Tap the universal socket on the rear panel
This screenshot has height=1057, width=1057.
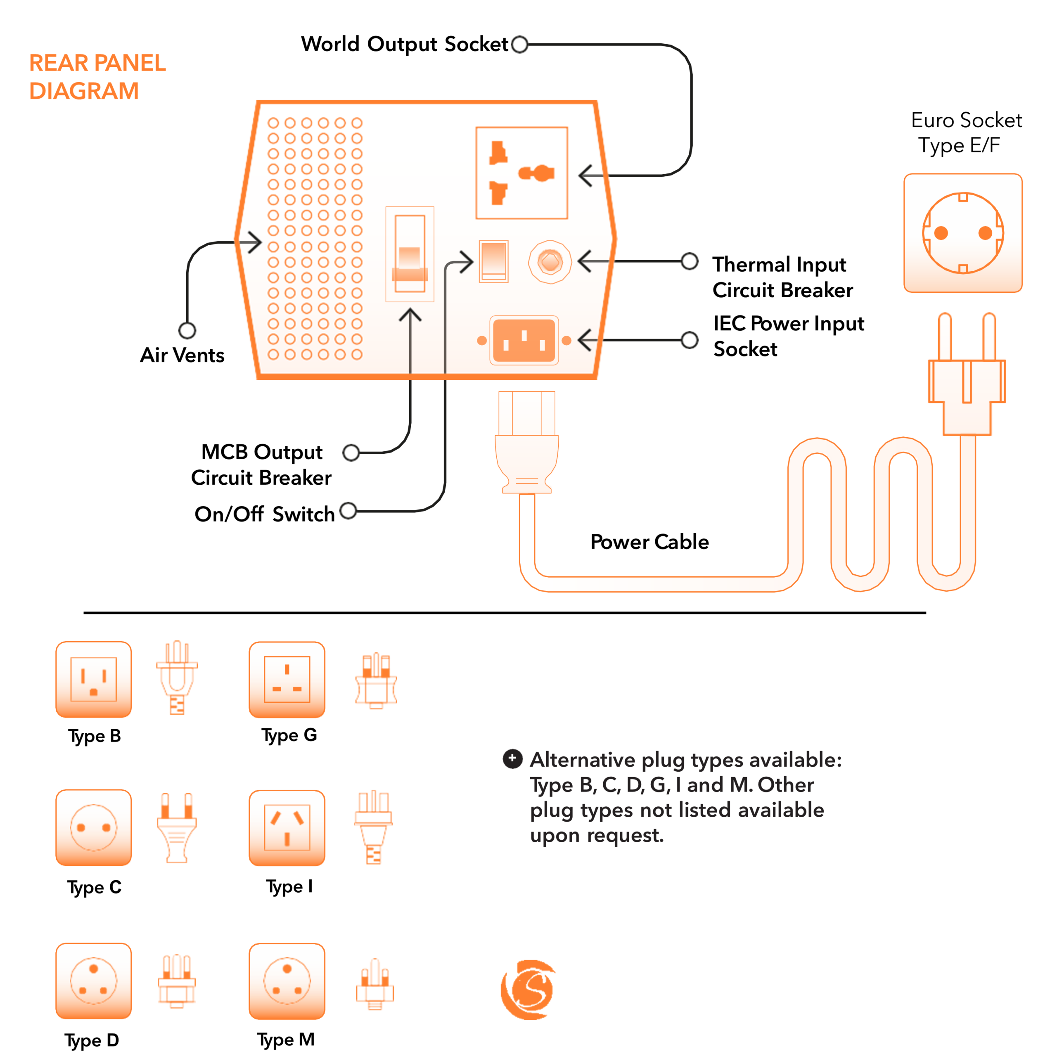point(521,173)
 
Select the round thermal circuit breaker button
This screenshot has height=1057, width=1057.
point(550,261)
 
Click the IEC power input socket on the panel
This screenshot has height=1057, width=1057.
point(524,340)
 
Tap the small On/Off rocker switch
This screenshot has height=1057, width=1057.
point(493,261)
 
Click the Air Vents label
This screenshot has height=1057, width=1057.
point(182,355)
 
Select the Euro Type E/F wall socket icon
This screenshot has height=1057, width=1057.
point(962,233)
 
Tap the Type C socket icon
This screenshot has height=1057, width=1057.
point(94,827)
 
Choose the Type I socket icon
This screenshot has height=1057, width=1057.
point(287,827)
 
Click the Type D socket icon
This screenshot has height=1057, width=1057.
point(94,980)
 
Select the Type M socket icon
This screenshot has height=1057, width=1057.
point(287,980)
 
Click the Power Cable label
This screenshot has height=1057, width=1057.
point(649,542)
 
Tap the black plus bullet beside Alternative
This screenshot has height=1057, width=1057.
point(512,758)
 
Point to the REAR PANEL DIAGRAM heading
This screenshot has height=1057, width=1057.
point(97,77)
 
